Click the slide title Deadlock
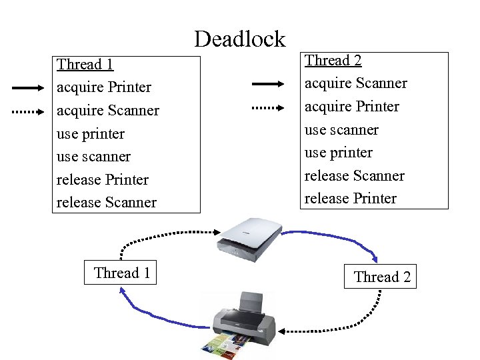[239, 39]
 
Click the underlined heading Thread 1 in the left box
[85, 65]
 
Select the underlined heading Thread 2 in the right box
[333, 61]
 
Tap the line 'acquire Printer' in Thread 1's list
[104, 87]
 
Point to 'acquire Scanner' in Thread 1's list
[108, 111]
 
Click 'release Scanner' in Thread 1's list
[107, 203]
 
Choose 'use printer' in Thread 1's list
[91, 134]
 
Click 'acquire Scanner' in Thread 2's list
[355, 83]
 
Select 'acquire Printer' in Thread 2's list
[351, 107]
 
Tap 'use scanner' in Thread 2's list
[341, 130]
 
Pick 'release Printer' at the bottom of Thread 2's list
[350, 199]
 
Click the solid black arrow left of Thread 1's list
[29, 87]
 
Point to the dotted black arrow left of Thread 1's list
[29, 112]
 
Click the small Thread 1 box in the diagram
[121, 273]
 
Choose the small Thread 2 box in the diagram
[381, 277]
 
